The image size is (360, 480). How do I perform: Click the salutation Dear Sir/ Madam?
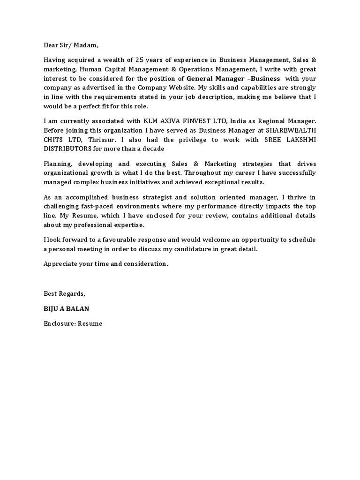coord(71,45)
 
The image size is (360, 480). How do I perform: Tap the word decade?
coord(153,149)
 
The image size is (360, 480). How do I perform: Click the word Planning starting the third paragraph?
coord(58,164)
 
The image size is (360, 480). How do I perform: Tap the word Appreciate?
coord(61,263)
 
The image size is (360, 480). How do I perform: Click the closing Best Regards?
coord(65,293)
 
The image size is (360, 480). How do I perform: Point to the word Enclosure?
coord(59,323)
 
